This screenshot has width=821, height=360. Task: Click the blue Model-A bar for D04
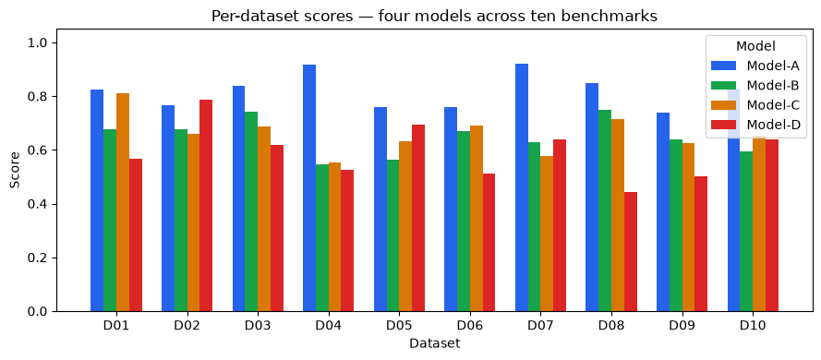click(x=309, y=188)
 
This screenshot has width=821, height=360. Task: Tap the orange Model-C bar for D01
click(x=123, y=202)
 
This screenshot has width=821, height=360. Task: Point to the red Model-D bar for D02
click(x=206, y=206)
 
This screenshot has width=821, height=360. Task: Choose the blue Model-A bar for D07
click(x=522, y=188)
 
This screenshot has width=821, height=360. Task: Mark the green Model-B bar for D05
click(x=393, y=236)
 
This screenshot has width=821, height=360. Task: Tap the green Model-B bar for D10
click(x=746, y=232)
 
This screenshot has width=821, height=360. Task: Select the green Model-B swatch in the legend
click(x=724, y=85)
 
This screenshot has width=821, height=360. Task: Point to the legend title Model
click(x=755, y=46)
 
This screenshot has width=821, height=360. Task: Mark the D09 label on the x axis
click(x=682, y=326)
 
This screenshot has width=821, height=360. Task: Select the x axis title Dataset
click(x=435, y=343)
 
